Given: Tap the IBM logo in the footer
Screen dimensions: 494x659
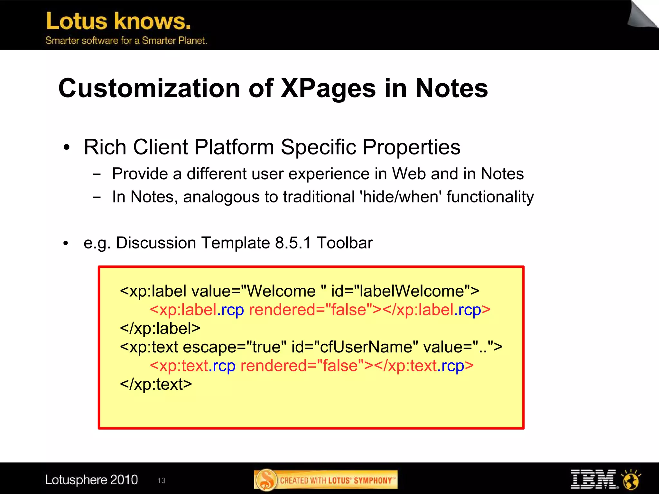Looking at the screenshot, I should tap(594, 479).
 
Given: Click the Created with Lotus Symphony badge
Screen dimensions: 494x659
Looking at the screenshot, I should tap(326, 480).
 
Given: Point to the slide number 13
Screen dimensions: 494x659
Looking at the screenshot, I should tap(161, 480).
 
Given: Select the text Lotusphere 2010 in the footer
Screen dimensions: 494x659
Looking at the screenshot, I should tap(91, 480).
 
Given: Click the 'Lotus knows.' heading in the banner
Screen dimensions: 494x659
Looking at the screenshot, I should tap(118, 21).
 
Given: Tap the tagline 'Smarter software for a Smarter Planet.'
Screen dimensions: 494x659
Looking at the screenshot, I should tap(126, 41).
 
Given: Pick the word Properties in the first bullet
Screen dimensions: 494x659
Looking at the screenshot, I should tap(412, 147).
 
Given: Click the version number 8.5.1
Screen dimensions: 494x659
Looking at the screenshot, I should tap(293, 243).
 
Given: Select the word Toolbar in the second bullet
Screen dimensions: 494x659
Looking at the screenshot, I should tap(345, 243).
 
